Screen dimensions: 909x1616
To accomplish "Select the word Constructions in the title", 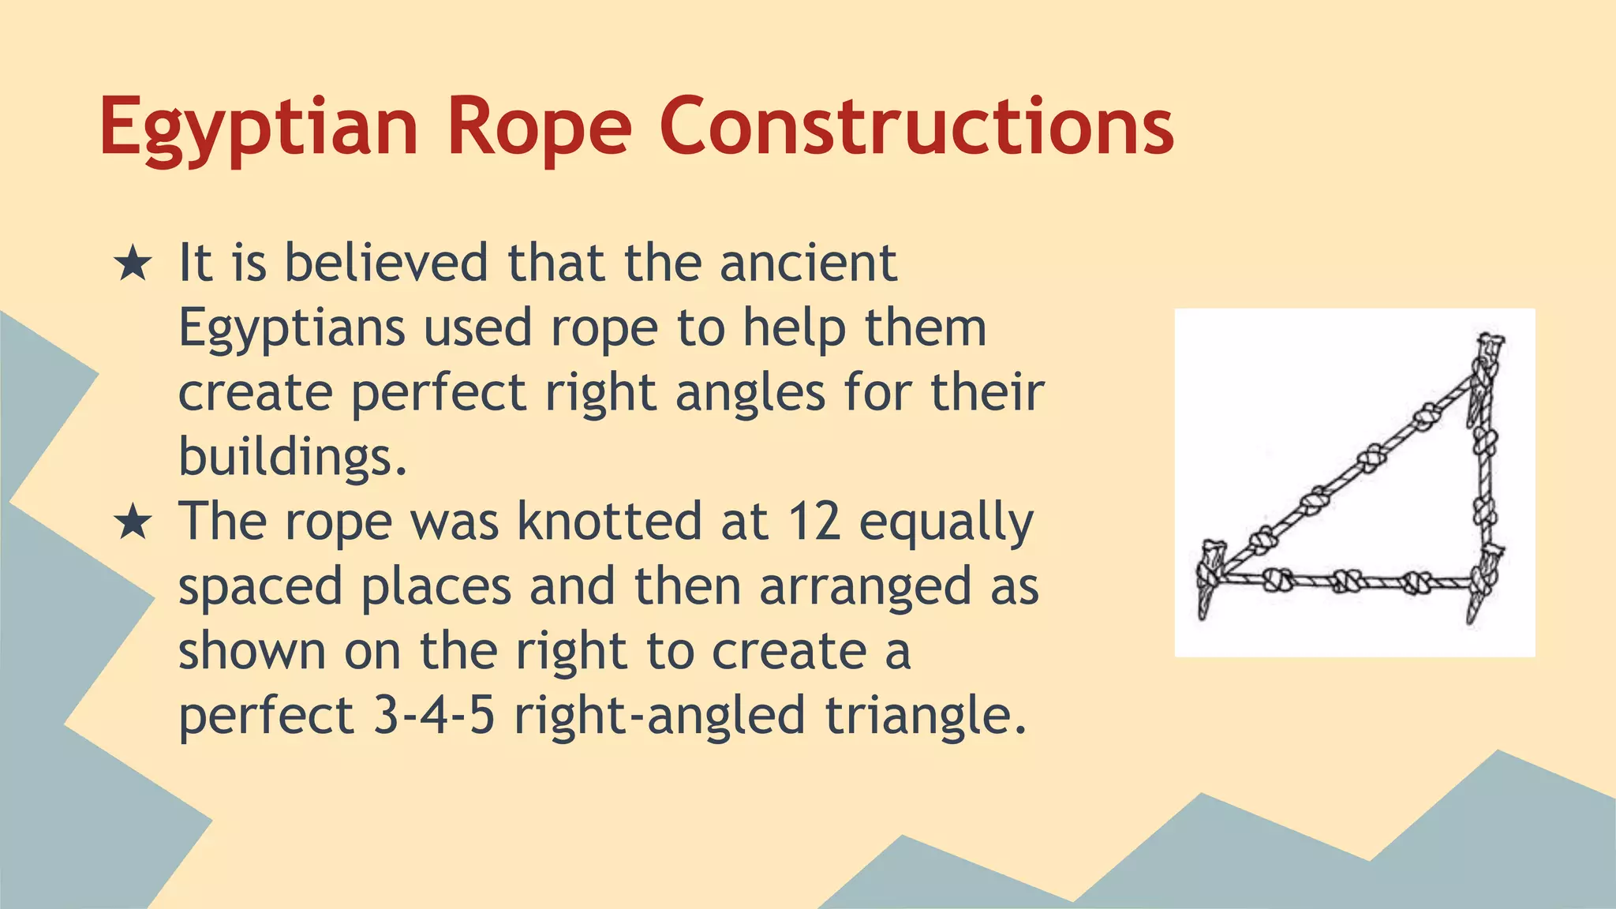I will tap(916, 126).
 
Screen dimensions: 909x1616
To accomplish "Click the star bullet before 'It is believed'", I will tap(133, 264).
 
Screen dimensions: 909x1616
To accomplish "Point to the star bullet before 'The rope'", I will tap(133, 523).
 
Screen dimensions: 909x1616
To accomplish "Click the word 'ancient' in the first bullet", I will tap(808, 263).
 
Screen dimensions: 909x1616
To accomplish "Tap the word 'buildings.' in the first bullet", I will tap(293, 457).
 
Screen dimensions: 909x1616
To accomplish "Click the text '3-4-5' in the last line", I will tap(433, 716).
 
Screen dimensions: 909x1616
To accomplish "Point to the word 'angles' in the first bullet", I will tap(750, 392).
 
